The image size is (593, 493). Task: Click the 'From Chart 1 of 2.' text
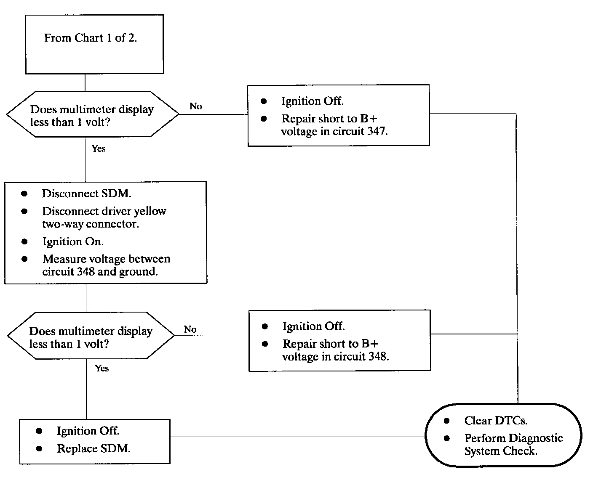coord(90,38)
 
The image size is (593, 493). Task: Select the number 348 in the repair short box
coord(379,356)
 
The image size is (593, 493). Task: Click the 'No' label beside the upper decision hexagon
coord(196,106)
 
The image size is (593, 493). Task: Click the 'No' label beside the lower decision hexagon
coord(190,329)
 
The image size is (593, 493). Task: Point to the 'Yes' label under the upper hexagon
coord(99,148)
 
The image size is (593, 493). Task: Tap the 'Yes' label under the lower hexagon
coord(102,368)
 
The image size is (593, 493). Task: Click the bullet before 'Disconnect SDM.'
coord(24,193)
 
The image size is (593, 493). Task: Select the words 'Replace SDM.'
coord(94,448)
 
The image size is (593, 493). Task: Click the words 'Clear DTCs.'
coord(496,420)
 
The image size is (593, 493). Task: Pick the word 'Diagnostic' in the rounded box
coord(536,438)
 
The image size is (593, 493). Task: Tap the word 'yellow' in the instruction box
coord(150,211)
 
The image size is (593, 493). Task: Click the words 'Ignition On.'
coord(73,241)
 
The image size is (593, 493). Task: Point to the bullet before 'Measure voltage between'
coord(24,259)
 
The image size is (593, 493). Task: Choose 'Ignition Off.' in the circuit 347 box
coord(313,101)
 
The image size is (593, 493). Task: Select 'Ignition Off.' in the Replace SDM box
coord(88,431)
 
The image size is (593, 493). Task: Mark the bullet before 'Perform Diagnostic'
coord(447,438)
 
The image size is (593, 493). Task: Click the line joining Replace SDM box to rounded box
coord(298,437)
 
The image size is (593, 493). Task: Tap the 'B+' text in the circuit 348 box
coord(370,344)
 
